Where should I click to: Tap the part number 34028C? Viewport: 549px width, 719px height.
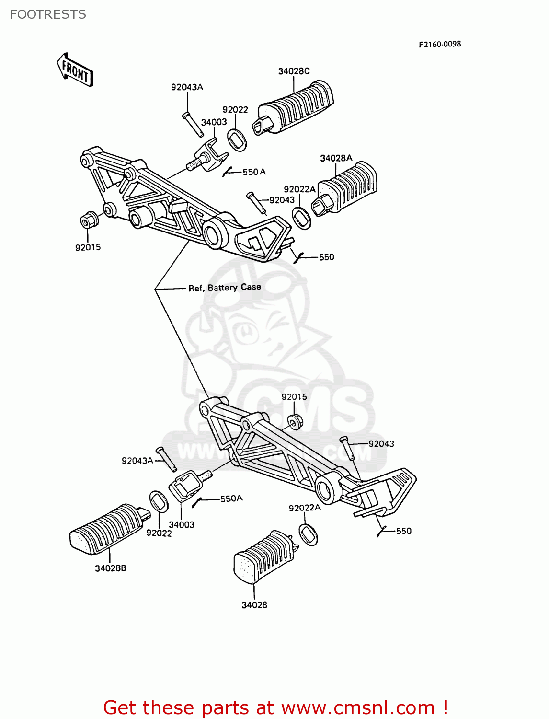(x=294, y=71)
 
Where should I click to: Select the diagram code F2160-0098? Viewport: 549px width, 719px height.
(x=440, y=44)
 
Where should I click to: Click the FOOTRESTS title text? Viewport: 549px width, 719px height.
(x=48, y=14)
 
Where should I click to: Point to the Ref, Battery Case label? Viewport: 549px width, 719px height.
(x=224, y=288)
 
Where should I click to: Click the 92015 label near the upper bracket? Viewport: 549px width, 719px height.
(x=88, y=247)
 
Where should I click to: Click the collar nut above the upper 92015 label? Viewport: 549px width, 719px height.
(x=89, y=220)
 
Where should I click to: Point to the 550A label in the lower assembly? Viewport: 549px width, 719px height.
(x=231, y=499)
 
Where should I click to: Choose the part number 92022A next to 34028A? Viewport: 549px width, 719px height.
(x=299, y=189)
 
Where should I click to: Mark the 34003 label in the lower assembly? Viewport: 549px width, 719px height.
(x=182, y=524)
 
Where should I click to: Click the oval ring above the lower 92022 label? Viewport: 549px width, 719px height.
(x=159, y=502)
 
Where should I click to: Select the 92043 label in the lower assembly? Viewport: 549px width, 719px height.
(x=381, y=444)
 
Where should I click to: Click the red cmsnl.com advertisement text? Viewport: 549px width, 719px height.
(x=275, y=707)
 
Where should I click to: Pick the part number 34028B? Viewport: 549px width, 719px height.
(x=110, y=568)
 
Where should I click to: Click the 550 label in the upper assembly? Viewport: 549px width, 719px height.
(x=326, y=257)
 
